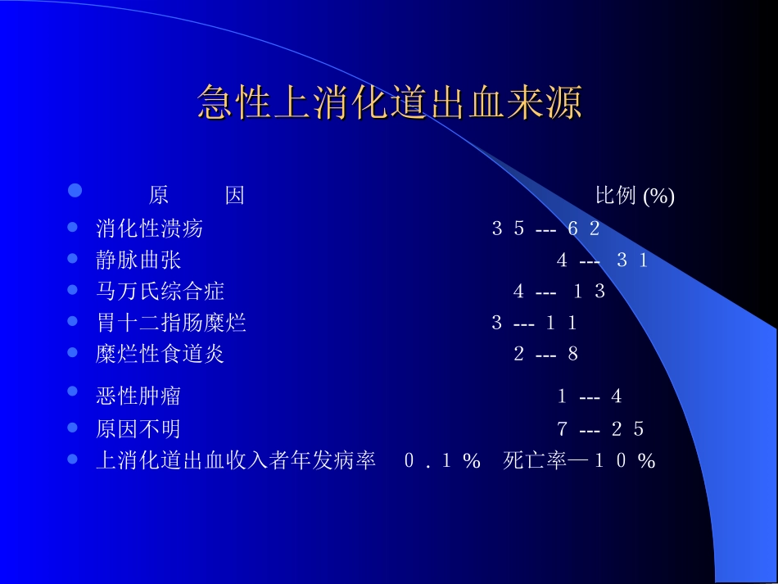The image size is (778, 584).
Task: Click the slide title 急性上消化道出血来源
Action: [x=389, y=104]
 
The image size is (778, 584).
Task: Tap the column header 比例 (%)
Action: [x=635, y=197]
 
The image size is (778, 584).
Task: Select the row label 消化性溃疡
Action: [x=149, y=229]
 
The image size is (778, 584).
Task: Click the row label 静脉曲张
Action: [x=138, y=260]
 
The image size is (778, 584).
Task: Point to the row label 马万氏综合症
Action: [x=160, y=292]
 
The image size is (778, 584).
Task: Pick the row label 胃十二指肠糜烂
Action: [x=170, y=323]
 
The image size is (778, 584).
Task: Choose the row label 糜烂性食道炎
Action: [x=160, y=354]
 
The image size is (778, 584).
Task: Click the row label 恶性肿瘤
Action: [x=138, y=396]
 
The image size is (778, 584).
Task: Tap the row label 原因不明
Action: [x=138, y=428]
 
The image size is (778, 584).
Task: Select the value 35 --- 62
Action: [x=545, y=229]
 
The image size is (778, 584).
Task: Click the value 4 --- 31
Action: [x=602, y=260]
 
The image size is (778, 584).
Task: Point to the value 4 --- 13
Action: [x=559, y=292]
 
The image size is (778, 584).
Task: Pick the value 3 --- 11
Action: [x=534, y=324]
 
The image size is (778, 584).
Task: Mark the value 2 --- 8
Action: [x=546, y=355]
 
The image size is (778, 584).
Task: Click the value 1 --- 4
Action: [x=590, y=397]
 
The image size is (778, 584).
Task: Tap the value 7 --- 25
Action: [x=600, y=429]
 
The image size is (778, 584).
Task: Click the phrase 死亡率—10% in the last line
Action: [x=580, y=461]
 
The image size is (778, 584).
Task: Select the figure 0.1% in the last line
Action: [x=441, y=461]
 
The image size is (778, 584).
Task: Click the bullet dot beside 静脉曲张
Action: [x=73, y=259]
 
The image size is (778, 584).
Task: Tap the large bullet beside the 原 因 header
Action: [x=75, y=191]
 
